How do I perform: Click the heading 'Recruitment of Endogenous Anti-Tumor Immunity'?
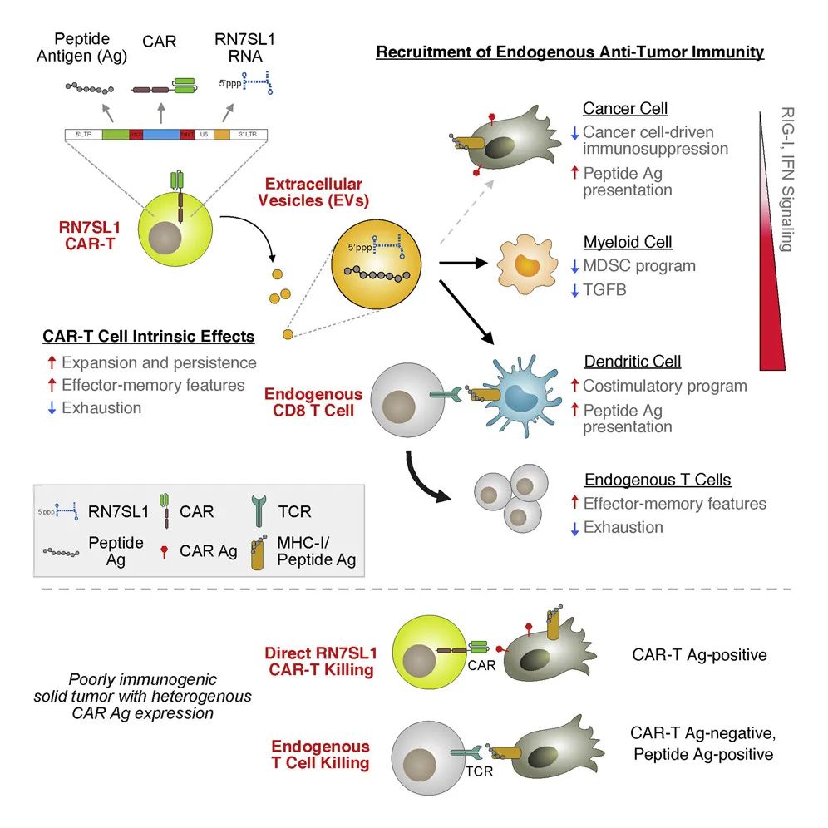pyautogui.click(x=569, y=52)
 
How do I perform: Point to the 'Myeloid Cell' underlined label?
pyautogui.click(x=628, y=243)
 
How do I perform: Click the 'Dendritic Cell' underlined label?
pyautogui.click(x=632, y=362)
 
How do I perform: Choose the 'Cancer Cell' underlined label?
pyautogui.click(x=625, y=109)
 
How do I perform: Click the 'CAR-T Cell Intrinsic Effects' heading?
pyautogui.click(x=149, y=336)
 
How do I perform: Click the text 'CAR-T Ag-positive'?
pyautogui.click(x=697, y=655)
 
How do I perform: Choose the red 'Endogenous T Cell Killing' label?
pyautogui.click(x=319, y=754)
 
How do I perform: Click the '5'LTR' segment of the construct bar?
pyautogui.click(x=84, y=134)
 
